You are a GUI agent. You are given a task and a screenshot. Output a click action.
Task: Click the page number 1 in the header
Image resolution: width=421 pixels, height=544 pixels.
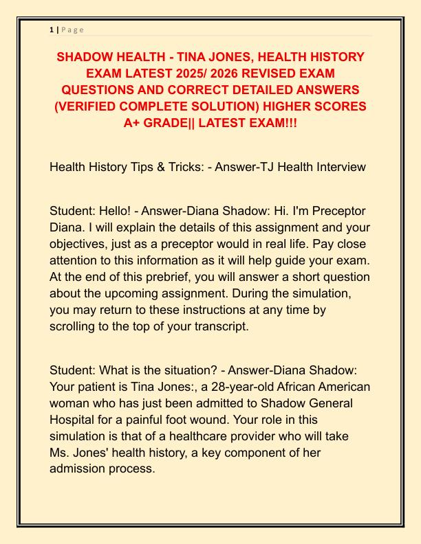(x=52, y=30)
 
